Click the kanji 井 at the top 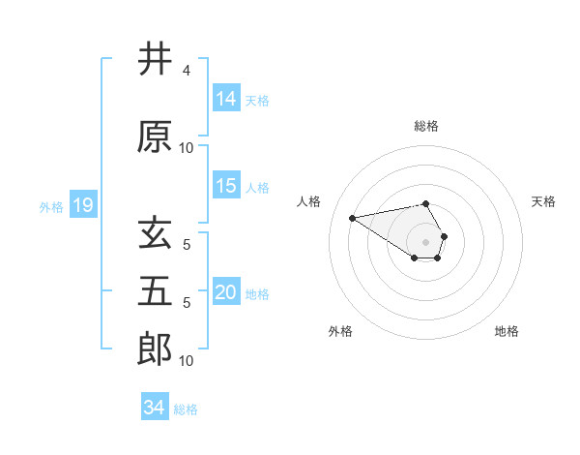pos(155,60)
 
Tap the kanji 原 pos(155,136)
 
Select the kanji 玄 pos(155,234)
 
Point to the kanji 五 pos(155,291)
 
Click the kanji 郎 pos(155,349)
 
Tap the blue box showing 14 pos(226,99)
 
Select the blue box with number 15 pos(226,186)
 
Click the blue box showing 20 pos(226,292)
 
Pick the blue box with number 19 pos(83,205)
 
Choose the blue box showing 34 pos(155,408)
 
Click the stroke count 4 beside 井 pos(186,71)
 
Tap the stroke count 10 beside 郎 pos(187,361)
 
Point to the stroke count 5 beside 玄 pos(186,245)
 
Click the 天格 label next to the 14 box pos(257,100)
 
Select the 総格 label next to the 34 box pos(186,409)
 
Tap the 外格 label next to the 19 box pos(51,206)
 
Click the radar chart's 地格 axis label pos(507,331)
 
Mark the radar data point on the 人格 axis pos(352,217)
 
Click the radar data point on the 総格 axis pos(425,203)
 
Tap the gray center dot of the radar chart pos(425,241)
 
